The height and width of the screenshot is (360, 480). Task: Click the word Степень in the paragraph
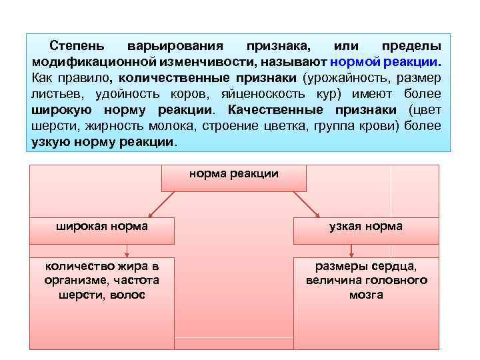pos(76,47)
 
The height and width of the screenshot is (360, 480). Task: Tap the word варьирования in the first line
pos(175,47)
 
